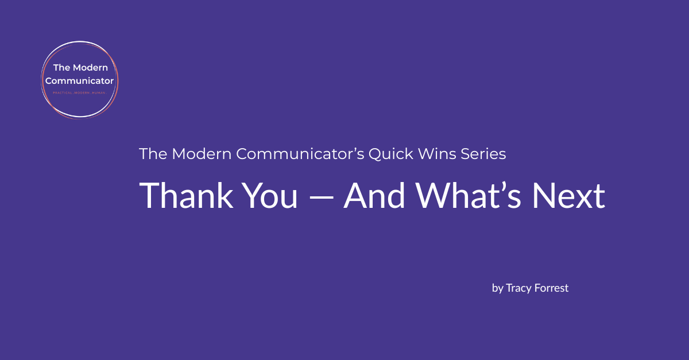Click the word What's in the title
[467, 196]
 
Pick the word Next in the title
[568, 196]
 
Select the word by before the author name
[497, 288]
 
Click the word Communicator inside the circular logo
[79, 80]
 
